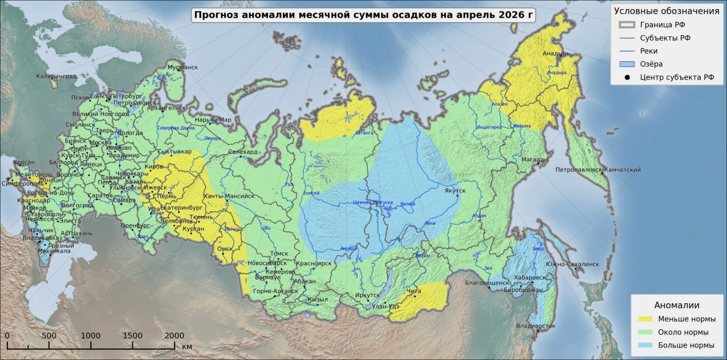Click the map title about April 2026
tap(364, 15)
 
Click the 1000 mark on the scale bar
tap(91, 336)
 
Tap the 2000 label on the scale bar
tap(174, 336)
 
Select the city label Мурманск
tap(182, 67)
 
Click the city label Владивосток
tap(536, 326)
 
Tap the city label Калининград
tap(56, 76)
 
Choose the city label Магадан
tap(534, 160)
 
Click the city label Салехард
tap(243, 152)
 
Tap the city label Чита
tap(414, 291)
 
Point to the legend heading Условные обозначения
tap(666, 11)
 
